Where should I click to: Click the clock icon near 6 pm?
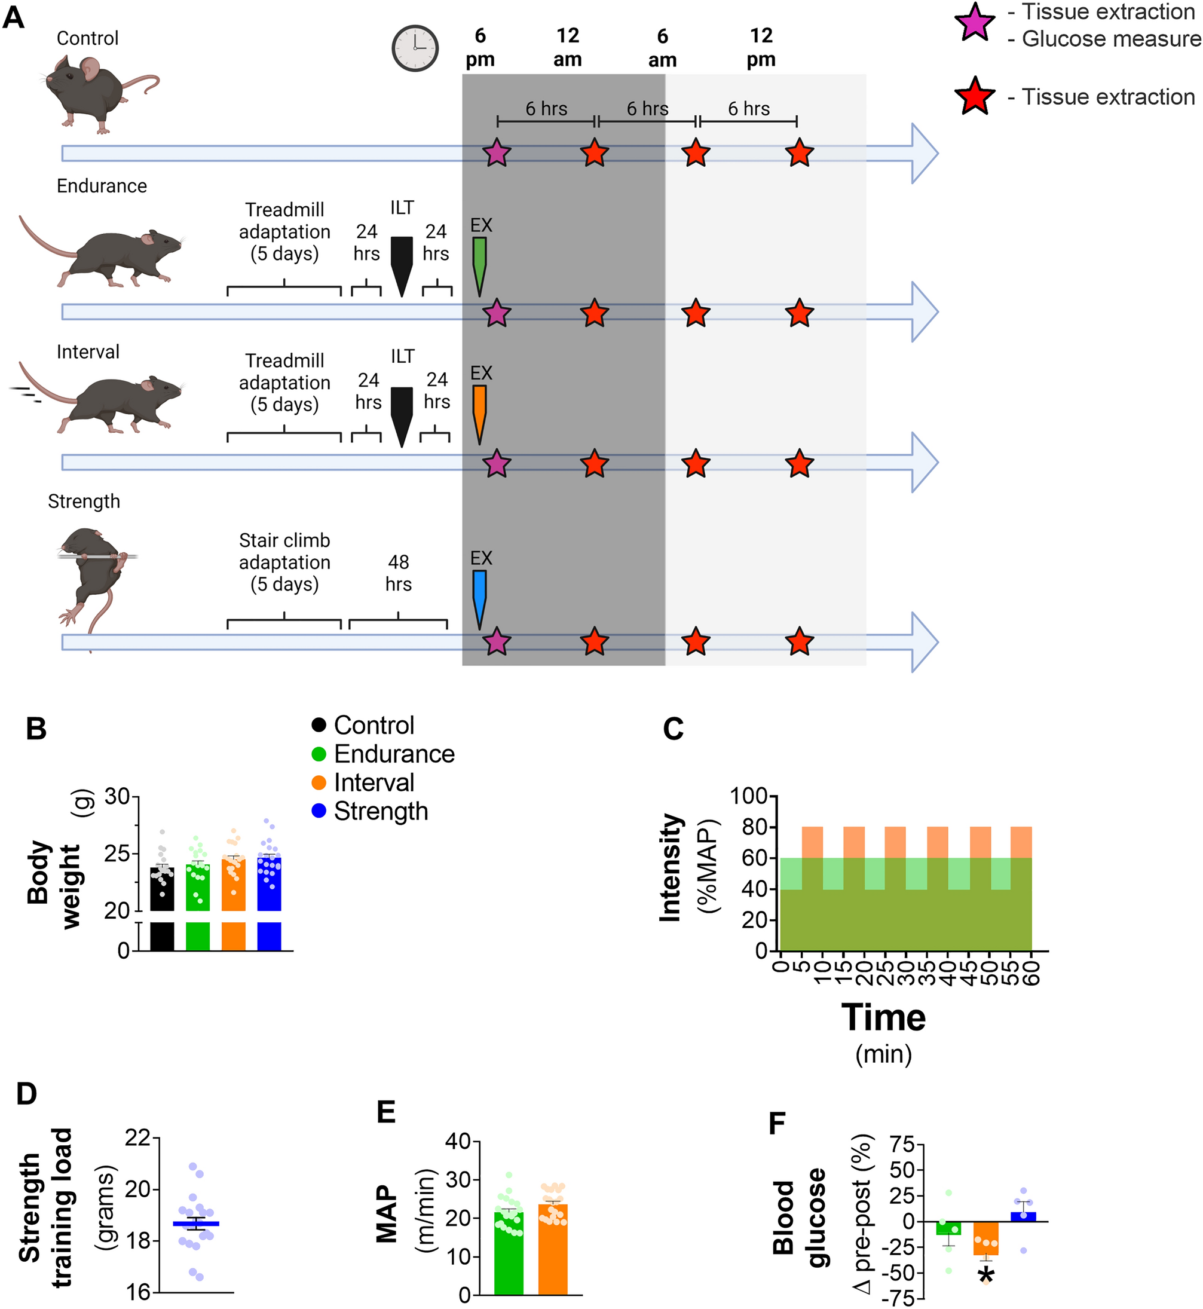click(x=415, y=48)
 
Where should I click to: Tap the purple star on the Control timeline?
click(x=497, y=154)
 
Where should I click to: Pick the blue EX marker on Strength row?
click(x=479, y=595)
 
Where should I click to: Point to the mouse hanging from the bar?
click(x=94, y=573)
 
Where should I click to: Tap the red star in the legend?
click(x=974, y=97)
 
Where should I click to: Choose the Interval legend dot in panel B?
click(x=319, y=783)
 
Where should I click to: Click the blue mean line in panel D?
click(x=195, y=1224)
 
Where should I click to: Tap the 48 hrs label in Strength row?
click(x=399, y=573)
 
